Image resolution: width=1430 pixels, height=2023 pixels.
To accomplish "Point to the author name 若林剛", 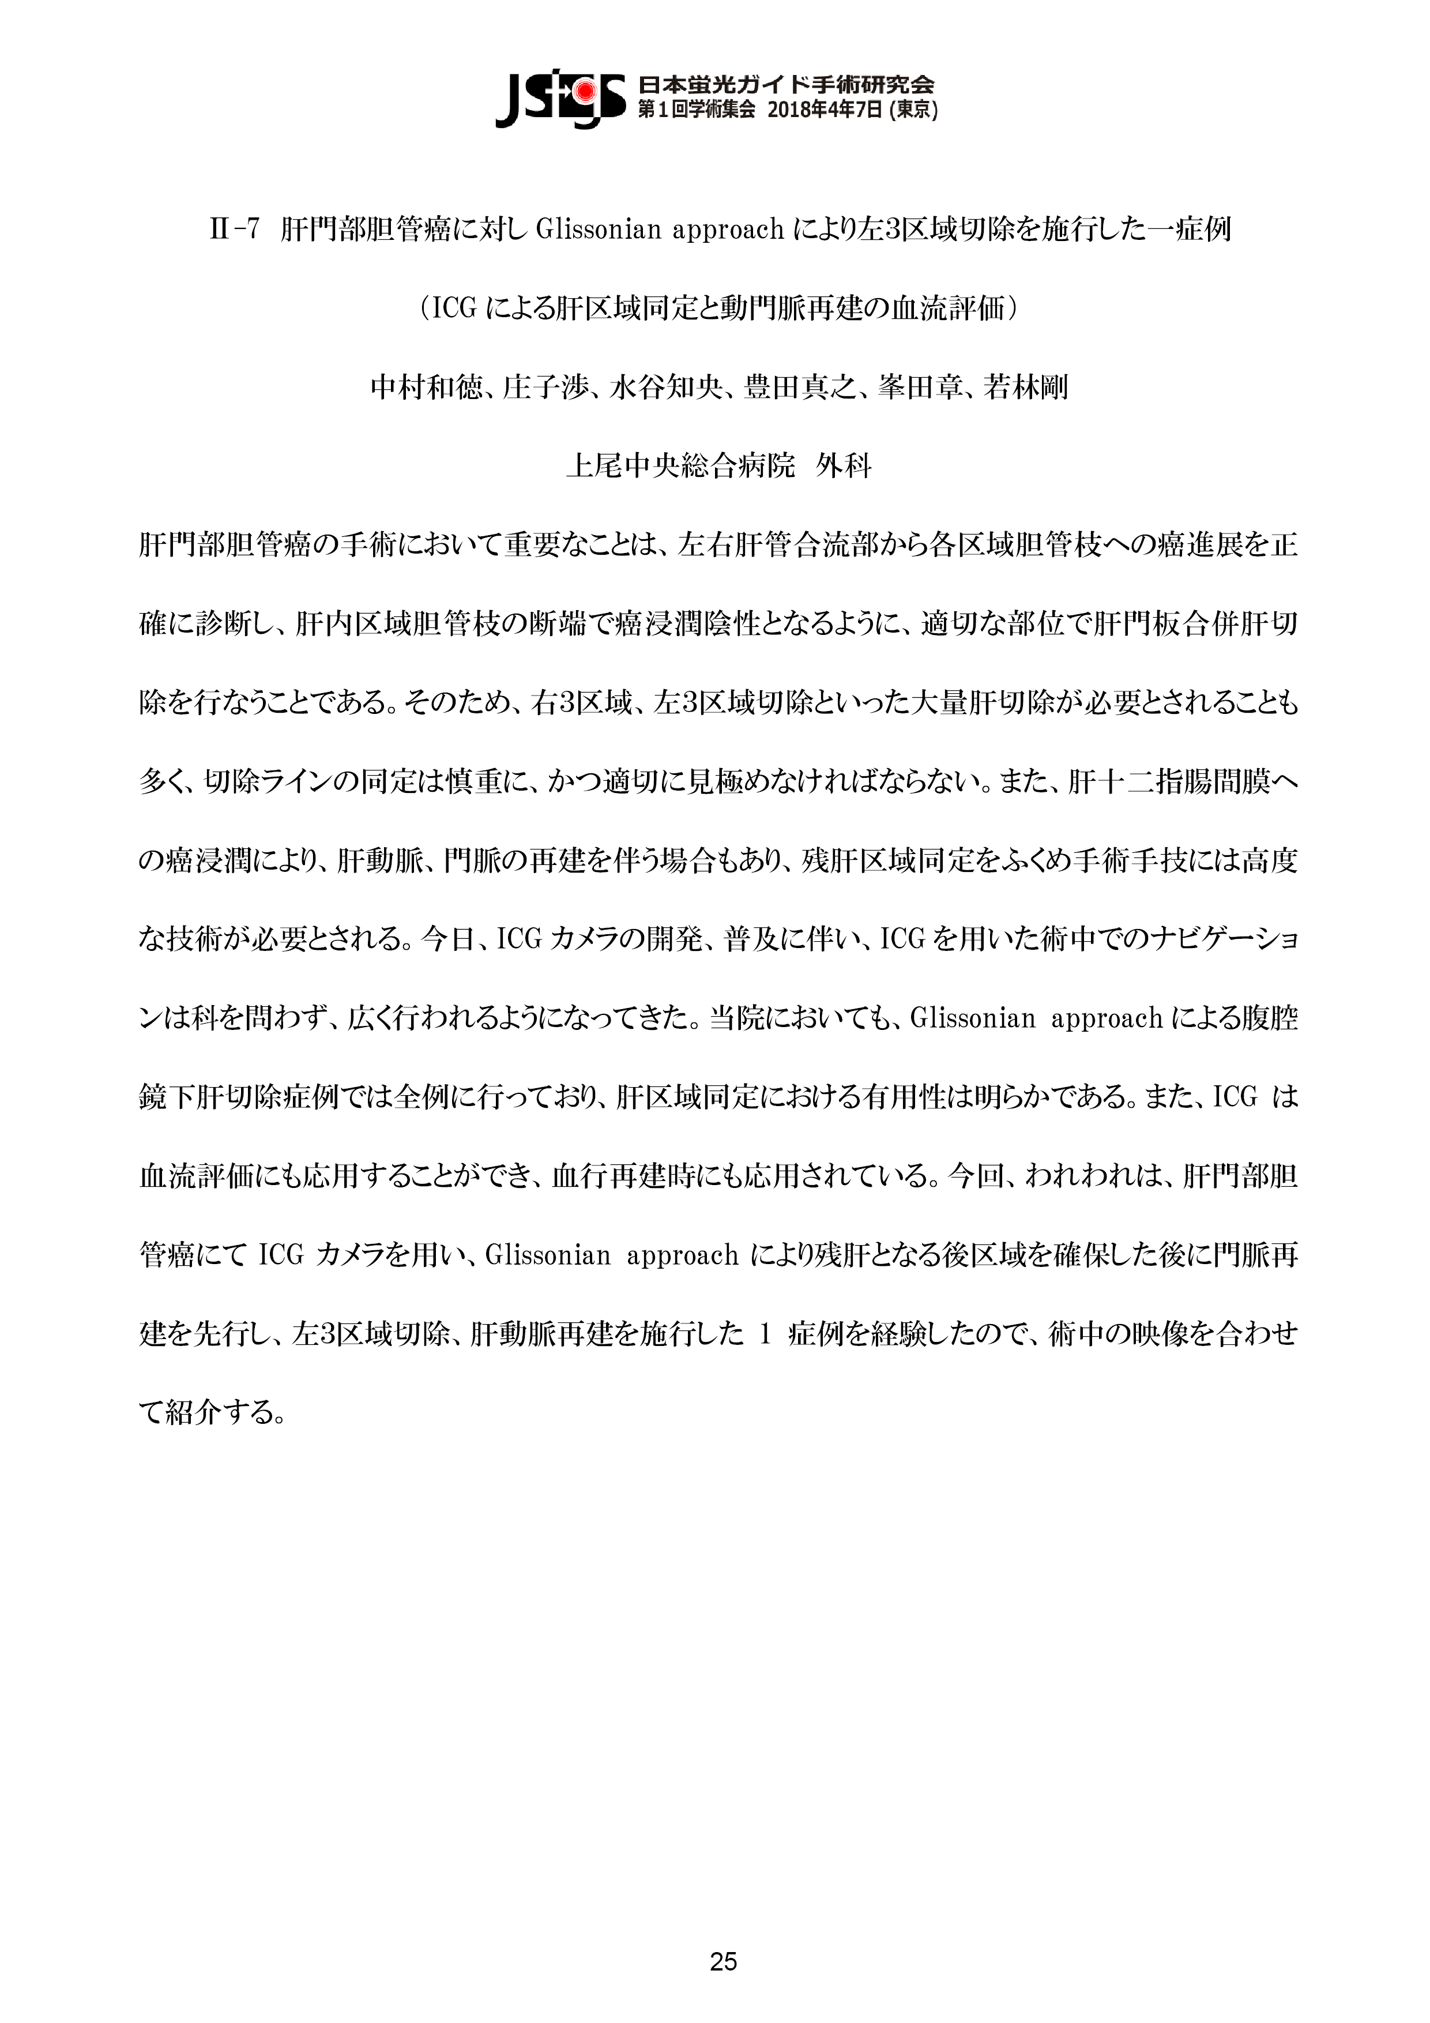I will coord(1026,388).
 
